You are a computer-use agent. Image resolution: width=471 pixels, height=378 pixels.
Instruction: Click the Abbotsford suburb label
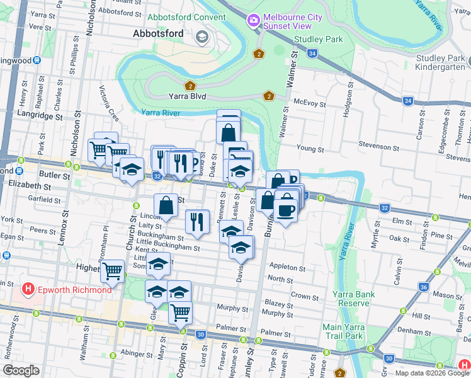pos(157,34)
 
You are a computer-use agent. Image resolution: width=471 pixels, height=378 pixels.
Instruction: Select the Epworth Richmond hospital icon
pos(28,289)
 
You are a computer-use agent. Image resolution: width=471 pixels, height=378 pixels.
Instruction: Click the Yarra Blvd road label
pos(188,97)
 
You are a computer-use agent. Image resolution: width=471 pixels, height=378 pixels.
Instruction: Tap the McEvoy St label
pos(310,103)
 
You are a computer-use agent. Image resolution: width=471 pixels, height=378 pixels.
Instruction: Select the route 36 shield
pos(423,287)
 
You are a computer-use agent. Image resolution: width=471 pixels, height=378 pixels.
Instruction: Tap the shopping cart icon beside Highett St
pos(112,271)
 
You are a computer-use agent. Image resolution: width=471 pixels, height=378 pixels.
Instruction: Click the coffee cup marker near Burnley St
pos(285,209)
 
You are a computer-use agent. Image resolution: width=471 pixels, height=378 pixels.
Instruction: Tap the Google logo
pos(21,370)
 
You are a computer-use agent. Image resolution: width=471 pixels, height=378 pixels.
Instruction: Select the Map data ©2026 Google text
pos(431,373)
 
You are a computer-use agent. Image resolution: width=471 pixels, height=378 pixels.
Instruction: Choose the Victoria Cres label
pos(110,104)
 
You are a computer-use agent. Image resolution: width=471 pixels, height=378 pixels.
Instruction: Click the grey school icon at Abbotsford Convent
pos(202,37)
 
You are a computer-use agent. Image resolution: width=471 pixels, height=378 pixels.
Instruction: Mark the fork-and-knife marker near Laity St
pos(198,220)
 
